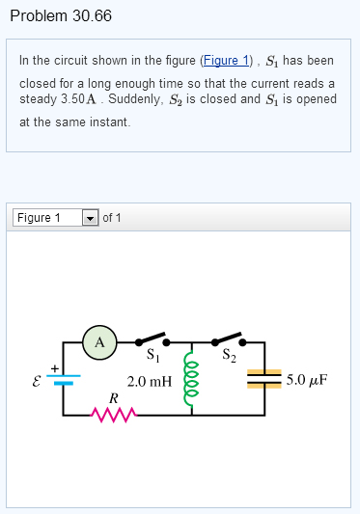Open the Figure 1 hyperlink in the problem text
(226, 60)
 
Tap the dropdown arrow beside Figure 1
(90, 217)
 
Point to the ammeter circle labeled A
(99, 340)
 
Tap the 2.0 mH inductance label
(150, 381)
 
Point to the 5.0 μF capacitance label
(307, 379)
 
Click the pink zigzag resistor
(113, 415)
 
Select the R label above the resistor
(112, 397)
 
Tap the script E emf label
(38, 380)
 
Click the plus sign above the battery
(54, 367)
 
